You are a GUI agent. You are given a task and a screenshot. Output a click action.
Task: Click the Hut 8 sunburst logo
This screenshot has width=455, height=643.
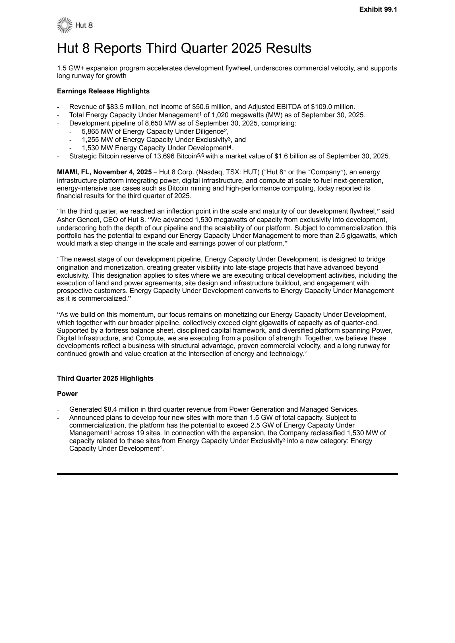(x=63, y=25)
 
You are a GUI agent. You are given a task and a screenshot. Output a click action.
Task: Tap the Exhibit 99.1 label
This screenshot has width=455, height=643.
(x=378, y=9)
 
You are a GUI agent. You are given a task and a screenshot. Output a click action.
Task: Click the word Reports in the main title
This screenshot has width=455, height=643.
(x=118, y=48)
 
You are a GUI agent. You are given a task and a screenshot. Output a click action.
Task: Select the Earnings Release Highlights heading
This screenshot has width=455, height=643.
(x=103, y=91)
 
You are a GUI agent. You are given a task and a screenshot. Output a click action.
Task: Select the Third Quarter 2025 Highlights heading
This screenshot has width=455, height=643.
(x=105, y=378)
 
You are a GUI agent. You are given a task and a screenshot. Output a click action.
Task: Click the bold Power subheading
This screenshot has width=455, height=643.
(x=67, y=394)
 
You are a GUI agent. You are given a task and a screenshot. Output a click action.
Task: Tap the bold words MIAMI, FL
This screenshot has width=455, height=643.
(x=74, y=172)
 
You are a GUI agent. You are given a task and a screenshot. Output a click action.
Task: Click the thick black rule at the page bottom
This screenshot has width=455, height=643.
(x=227, y=474)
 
